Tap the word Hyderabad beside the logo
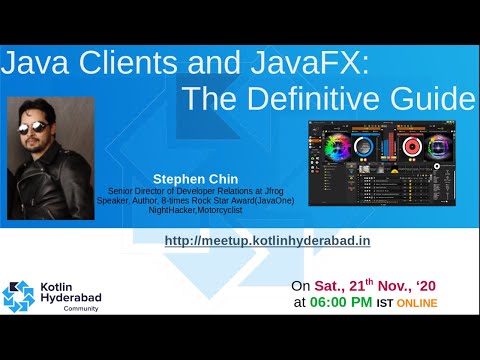(x=73, y=300)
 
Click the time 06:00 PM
(x=339, y=303)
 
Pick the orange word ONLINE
(x=417, y=304)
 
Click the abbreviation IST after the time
(x=384, y=304)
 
